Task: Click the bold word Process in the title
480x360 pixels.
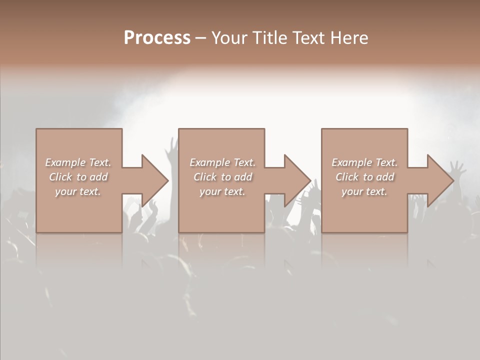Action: [157, 37]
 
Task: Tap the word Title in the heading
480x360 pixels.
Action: [269, 37]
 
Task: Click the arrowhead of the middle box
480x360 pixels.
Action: [297, 180]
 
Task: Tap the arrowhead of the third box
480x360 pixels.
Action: [440, 180]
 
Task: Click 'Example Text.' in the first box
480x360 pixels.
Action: [78, 162]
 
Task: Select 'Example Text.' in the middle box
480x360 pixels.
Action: [222, 162]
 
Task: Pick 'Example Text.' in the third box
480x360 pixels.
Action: [364, 162]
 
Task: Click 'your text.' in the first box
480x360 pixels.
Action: [78, 191]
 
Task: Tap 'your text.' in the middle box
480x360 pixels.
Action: [222, 191]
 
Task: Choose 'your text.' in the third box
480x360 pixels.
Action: [364, 191]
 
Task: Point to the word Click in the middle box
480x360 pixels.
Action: [205, 177]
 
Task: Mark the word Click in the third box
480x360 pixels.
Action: [347, 177]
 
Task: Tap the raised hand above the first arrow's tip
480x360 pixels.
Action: [173, 147]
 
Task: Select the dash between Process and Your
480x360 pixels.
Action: [201, 38]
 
